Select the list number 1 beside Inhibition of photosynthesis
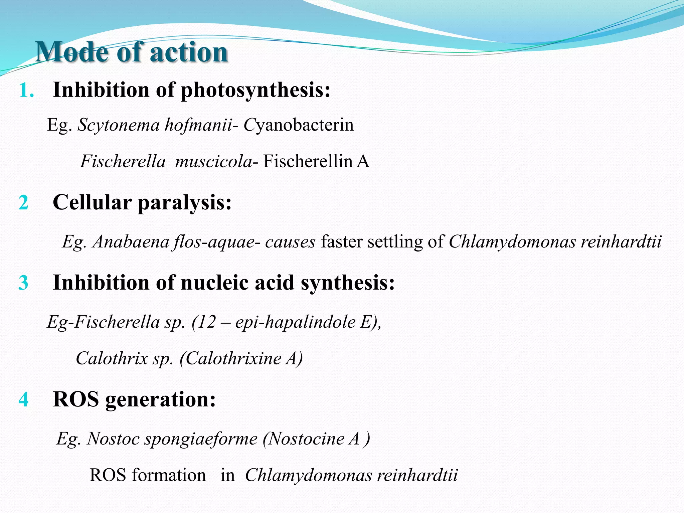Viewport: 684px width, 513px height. click(26, 90)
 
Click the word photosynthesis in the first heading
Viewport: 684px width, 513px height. click(256, 90)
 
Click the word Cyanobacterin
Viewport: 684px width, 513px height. click(299, 125)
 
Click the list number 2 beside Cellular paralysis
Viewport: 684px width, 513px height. click(23, 202)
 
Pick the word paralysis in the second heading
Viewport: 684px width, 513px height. click(185, 202)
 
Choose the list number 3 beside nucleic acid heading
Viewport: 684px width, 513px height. click(23, 283)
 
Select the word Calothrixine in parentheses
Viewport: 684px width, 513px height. click(233, 358)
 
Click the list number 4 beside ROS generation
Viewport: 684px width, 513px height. click(23, 399)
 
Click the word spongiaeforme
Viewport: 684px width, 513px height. click(201, 439)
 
